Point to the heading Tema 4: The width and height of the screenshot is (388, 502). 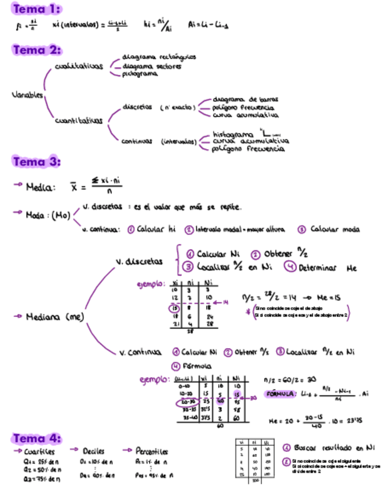[37, 439]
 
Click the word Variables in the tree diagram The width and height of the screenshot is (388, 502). [27, 95]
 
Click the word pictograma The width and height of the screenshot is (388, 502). [140, 74]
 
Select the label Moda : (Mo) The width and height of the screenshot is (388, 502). [48, 215]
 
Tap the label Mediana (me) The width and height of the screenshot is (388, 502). [57, 317]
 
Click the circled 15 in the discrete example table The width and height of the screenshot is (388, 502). [174, 308]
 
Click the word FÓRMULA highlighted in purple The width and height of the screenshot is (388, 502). [279, 393]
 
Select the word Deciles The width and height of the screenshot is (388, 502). [94, 451]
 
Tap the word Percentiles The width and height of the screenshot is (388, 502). [152, 451]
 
